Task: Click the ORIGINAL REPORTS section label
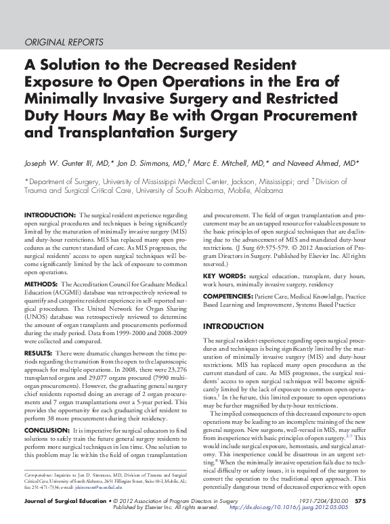64,42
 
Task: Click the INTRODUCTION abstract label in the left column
49,215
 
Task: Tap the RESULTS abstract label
39,353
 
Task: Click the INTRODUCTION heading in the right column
234,326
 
